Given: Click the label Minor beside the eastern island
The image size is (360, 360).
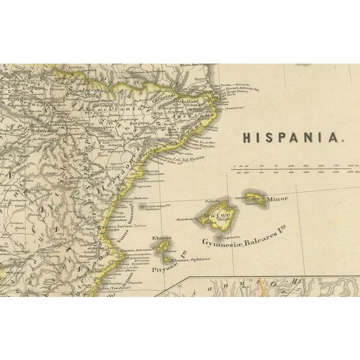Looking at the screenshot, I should point(277,199).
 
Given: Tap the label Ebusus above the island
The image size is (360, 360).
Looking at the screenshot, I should point(161,238).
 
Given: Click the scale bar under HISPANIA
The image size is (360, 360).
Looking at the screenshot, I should point(294,170).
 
